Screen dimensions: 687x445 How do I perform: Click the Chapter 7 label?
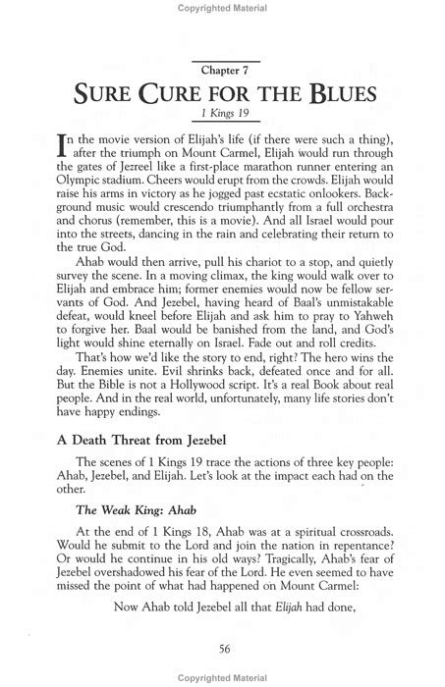(222, 72)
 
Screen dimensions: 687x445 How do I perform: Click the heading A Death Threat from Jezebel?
(143, 498)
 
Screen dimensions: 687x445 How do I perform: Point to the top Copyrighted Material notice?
(222, 9)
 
